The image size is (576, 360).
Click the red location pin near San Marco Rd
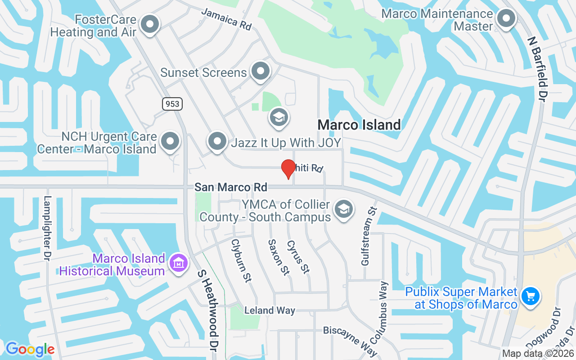pyautogui.click(x=288, y=169)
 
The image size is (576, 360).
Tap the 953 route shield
pyautogui.click(x=172, y=104)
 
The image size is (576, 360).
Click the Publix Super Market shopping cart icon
pyautogui.click(x=530, y=297)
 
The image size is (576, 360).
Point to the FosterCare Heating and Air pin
pyautogui.click(x=150, y=24)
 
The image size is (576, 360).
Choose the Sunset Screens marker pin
pyautogui.click(x=260, y=71)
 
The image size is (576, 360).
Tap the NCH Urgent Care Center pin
pyautogui.click(x=170, y=141)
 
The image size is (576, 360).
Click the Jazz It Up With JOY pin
pyautogui.click(x=218, y=141)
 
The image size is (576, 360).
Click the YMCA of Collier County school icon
pyautogui.click(x=344, y=209)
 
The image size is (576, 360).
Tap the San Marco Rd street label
pyautogui.click(x=231, y=187)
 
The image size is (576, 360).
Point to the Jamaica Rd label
pyautogui.click(x=226, y=19)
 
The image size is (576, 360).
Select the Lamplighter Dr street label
pyautogui.click(x=47, y=228)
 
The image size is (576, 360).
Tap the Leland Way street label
pyautogui.click(x=270, y=310)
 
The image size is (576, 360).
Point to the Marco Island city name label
pyautogui.click(x=359, y=125)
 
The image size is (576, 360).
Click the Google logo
pyautogui.click(x=30, y=349)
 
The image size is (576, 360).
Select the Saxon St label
pyautogui.click(x=278, y=257)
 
